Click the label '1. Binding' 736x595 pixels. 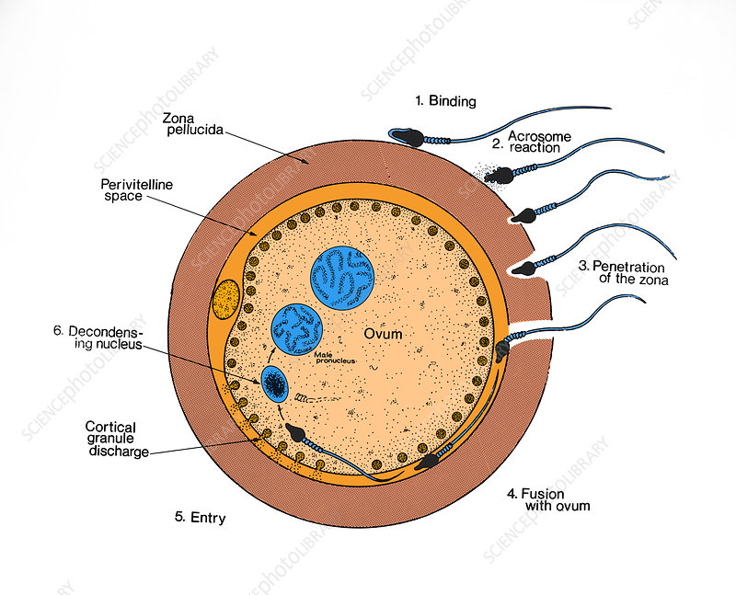[x=445, y=101]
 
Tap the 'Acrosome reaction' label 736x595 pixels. [x=531, y=143]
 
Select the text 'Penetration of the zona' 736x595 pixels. [x=623, y=272]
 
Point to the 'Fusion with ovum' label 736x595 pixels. [x=548, y=498]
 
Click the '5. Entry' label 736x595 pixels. [x=201, y=518]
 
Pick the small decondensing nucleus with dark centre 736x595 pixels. [x=275, y=382]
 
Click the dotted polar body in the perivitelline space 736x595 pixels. [x=224, y=299]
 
